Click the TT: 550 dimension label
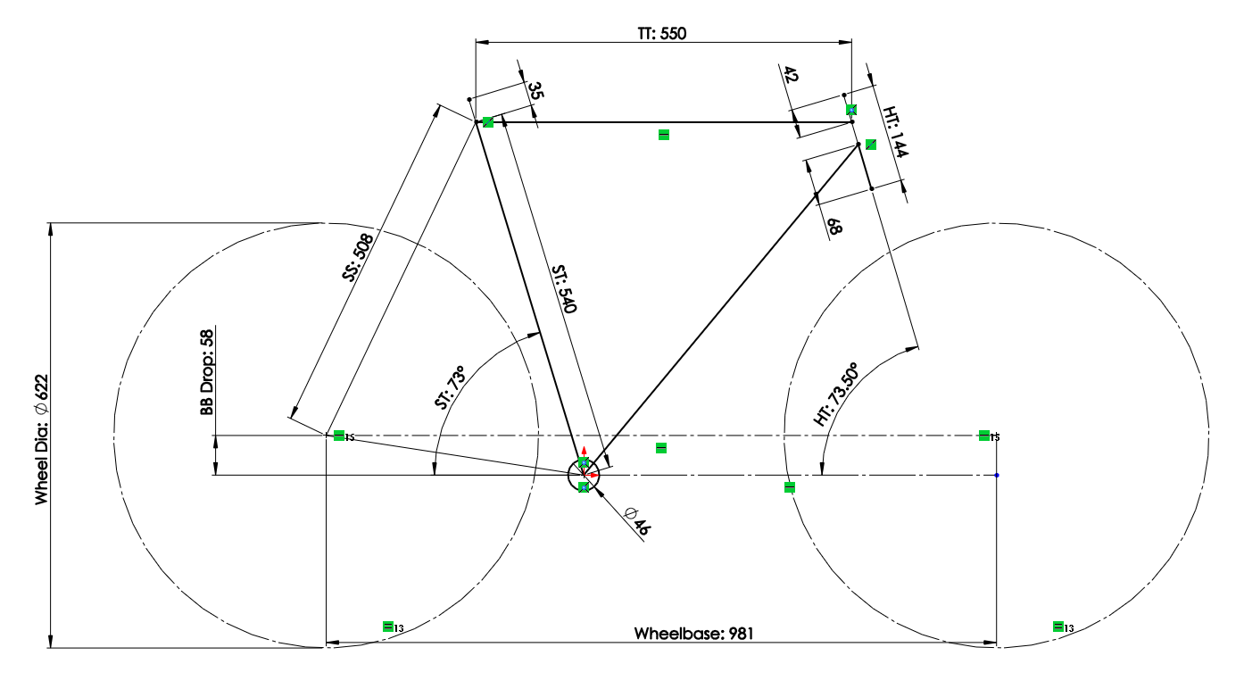(x=661, y=33)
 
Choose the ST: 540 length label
(x=564, y=287)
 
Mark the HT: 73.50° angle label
(x=836, y=394)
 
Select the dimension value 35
(x=536, y=91)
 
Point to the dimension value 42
(x=790, y=75)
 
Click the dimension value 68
(x=834, y=225)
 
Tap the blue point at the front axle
(x=997, y=475)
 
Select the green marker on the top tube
(x=663, y=135)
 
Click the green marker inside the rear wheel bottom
(x=387, y=627)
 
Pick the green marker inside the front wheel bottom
(x=1057, y=627)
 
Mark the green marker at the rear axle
(x=338, y=436)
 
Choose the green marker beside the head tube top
(x=870, y=145)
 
